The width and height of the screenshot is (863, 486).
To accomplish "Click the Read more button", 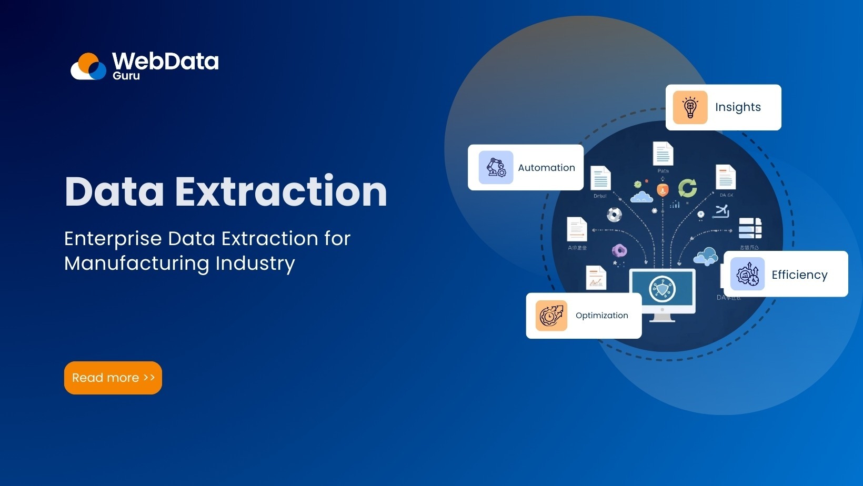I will [113, 378].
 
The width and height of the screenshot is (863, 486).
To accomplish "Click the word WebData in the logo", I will [165, 62].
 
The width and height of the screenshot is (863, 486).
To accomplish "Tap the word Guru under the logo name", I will [126, 76].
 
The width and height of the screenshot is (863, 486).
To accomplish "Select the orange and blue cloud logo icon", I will [89, 67].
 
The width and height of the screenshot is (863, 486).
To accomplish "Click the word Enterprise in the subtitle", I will [113, 239].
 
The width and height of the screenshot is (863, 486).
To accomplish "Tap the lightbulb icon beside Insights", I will [690, 107].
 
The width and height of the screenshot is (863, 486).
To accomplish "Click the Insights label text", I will [738, 107].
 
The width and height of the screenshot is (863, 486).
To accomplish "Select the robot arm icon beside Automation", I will [496, 167].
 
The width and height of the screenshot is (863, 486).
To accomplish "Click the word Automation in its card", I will [546, 168].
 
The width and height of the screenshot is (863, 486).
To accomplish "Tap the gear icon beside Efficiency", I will [747, 274].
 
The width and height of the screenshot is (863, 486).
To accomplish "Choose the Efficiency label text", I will [799, 275].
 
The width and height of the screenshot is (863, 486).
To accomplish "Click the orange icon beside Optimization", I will [551, 316].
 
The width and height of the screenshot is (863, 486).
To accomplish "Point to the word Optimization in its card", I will [601, 316].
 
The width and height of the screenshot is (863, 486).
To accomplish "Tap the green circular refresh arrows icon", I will [687, 188].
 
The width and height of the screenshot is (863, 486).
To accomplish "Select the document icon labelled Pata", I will [663, 154].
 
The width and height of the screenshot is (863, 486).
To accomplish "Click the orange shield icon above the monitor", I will [663, 190].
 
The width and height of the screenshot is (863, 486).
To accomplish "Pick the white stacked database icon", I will [750, 229].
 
